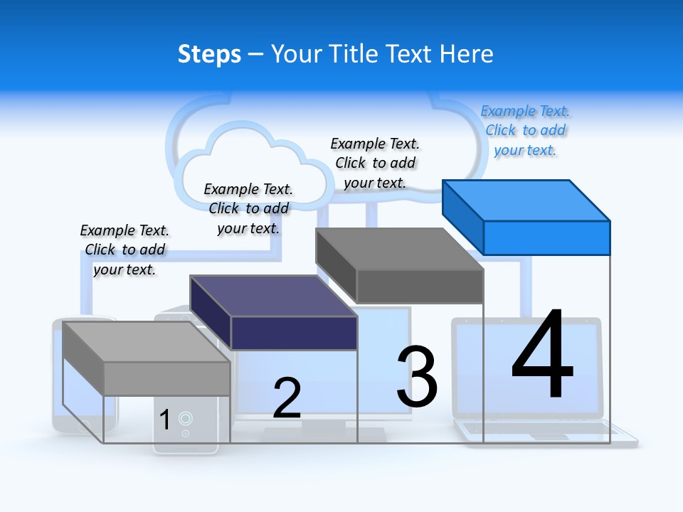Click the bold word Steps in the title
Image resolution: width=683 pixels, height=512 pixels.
pyautogui.click(x=209, y=54)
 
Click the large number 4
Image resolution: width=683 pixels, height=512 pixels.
pyautogui.click(x=542, y=356)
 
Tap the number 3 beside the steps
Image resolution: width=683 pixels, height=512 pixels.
pyautogui.click(x=417, y=378)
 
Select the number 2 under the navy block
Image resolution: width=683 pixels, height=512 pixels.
pyautogui.click(x=287, y=398)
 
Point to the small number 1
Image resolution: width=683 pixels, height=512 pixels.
pyautogui.click(x=164, y=420)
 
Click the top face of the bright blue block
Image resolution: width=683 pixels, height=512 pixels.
pyautogui.click(x=526, y=201)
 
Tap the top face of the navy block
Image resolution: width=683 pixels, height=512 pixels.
pyautogui.click(x=273, y=296)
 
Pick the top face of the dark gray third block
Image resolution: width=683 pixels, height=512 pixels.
pyautogui.click(x=399, y=249)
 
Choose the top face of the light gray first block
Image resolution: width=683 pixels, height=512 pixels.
pyautogui.click(x=146, y=342)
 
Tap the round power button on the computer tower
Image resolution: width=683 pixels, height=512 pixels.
pyautogui.click(x=185, y=418)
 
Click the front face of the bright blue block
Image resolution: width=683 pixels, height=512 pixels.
pyautogui.click(x=546, y=238)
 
